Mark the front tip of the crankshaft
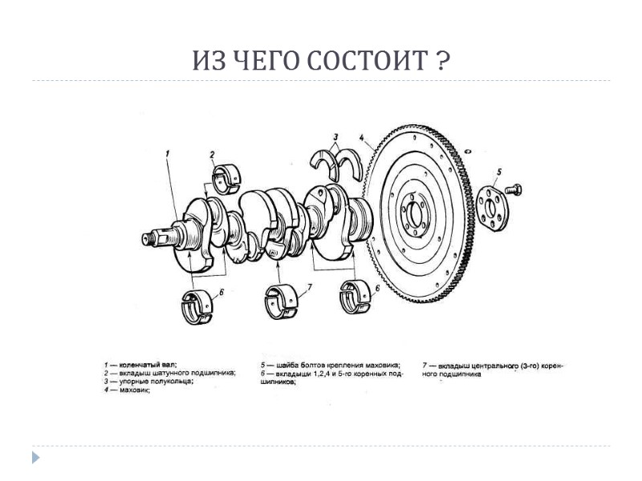tap(147, 238)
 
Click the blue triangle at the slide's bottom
tap(35, 458)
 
